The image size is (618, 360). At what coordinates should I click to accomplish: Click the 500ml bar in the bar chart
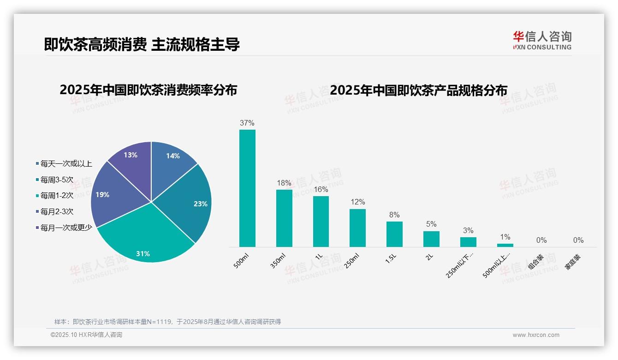(x=247, y=188)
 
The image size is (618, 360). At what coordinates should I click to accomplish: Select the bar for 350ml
(x=284, y=218)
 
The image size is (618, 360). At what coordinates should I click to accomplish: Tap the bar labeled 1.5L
(x=394, y=234)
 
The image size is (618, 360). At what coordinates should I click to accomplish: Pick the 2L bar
(x=431, y=239)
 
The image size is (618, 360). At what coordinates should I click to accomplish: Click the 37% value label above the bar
(x=247, y=123)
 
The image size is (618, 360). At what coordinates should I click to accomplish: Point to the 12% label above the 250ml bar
(x=357, y=202)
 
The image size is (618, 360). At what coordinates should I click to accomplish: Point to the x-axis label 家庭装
(x=572, y=262)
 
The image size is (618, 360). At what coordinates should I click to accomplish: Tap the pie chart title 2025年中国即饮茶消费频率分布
(x=148, y=90)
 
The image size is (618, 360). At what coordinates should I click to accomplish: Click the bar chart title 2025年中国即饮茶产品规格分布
(x=418, y=90)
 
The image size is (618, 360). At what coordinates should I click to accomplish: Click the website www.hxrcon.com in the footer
(x=536, y=335)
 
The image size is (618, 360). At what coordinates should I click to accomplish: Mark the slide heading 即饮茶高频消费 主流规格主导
(x=142, y=45)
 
